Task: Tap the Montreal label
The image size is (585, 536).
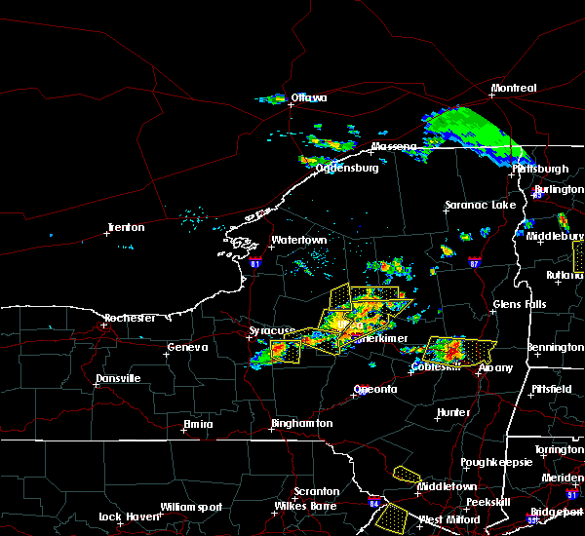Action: [x=514, y=89]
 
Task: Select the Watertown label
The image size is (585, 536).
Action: [x=298, y=240]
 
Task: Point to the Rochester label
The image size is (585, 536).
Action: [x=132, y=318]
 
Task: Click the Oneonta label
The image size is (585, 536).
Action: [x=374, y=389]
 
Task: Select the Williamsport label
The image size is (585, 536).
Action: [x=192, y=507]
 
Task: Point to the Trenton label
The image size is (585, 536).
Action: [x=126, y=228]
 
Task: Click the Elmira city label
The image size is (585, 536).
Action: [x=198, y=424]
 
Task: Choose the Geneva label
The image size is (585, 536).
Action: [x=187, y=347]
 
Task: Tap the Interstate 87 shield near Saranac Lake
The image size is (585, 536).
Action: [x=474, y=262]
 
